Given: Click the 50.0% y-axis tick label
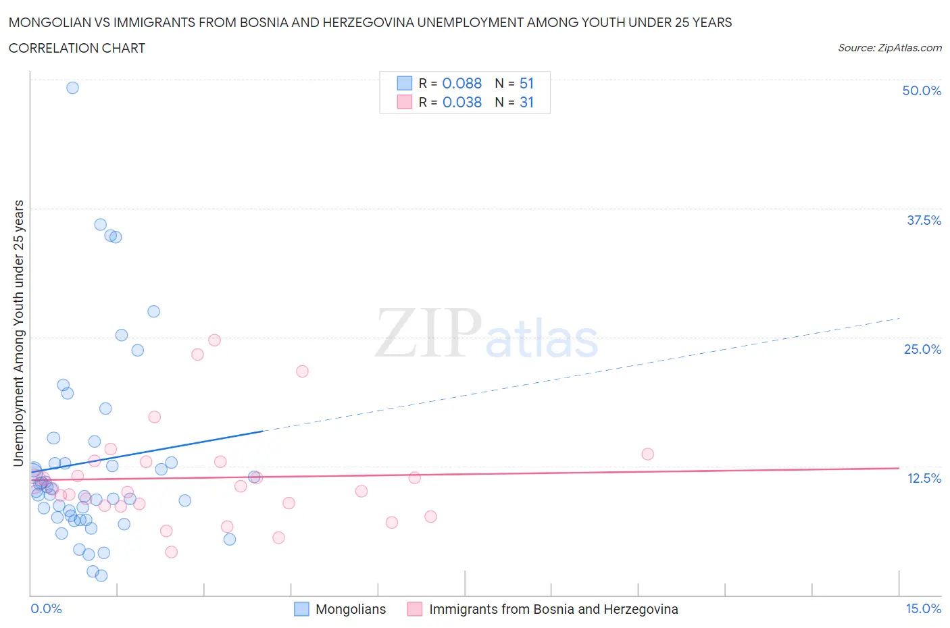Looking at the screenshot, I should point(922,90).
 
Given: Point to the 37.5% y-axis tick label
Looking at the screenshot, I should point(924,220).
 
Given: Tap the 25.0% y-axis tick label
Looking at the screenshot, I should point(922,349).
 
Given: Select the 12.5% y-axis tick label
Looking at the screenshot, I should point(924,478).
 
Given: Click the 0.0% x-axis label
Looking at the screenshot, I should point(46,608).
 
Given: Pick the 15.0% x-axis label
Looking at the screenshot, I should point(923,608).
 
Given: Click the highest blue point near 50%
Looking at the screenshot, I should point(72,88).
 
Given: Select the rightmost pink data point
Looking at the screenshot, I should point(647,454).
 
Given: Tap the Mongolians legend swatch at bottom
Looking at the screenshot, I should point(301,609).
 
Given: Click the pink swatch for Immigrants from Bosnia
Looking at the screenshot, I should point(415,609).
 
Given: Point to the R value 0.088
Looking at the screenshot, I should point(461,83).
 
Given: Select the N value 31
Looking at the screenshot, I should point(526,102).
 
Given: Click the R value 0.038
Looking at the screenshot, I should point(461,102).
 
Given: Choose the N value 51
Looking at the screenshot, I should point(526,83).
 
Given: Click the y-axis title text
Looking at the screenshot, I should point(18,333).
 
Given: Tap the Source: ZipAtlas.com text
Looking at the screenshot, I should point(889,47).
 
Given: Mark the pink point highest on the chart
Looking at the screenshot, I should point(214,340).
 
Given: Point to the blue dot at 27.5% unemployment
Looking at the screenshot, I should point(153,311).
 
